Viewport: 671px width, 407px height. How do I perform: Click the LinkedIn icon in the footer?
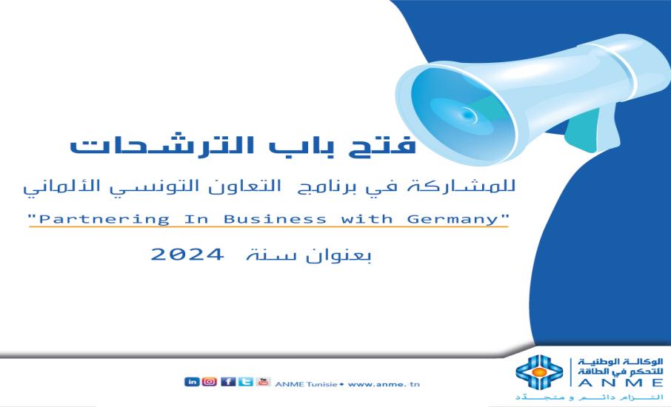193,382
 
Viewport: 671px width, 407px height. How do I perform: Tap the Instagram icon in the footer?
210,382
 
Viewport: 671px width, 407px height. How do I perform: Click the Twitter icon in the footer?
244,382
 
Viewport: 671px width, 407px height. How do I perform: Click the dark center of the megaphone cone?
466,114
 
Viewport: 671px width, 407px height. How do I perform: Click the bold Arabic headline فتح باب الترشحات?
244,147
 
